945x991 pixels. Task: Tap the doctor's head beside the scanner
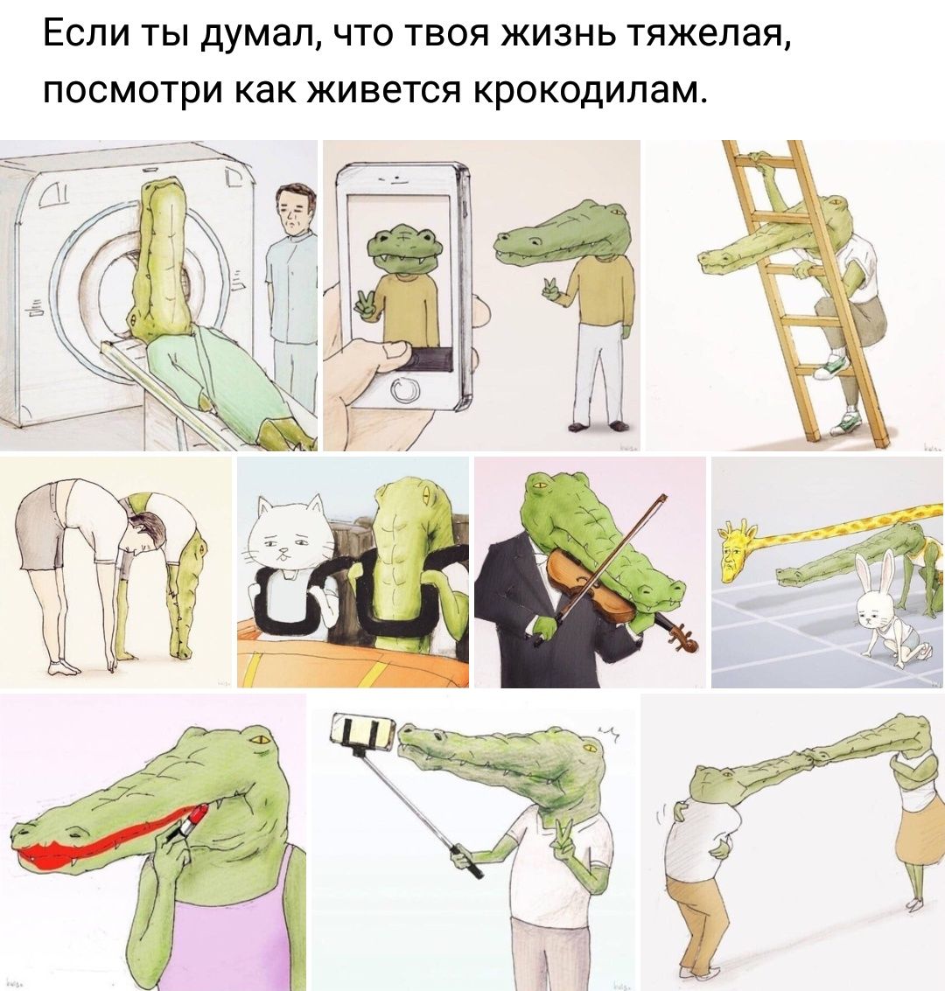coord(295,208)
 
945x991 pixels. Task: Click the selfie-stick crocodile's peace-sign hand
coord(562,835)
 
